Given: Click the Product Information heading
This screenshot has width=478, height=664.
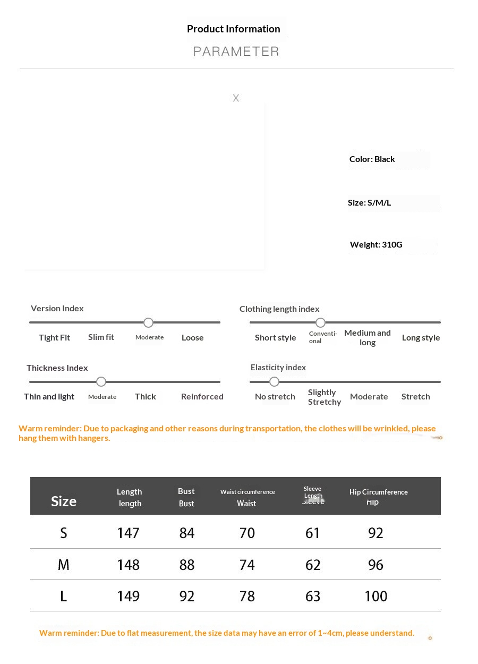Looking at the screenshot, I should tap(233, 29).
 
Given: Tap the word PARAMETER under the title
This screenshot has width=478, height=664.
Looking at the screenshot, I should tap(236, 52).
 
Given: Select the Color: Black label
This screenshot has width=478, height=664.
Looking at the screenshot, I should tap(372, 159).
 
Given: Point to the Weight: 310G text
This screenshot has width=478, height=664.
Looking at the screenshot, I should tap(376, 245).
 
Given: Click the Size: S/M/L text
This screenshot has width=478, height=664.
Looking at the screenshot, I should tap(369, 202).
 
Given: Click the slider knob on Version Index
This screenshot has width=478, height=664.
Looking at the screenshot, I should tap(149, 322).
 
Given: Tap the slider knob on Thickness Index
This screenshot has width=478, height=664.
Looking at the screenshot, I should tap(101, 381).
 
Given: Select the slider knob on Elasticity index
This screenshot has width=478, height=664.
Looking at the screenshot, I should tap(274, 381).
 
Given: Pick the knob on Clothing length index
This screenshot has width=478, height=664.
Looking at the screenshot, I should tap(320, 322).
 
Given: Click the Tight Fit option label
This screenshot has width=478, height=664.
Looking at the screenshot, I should tap(54, 338).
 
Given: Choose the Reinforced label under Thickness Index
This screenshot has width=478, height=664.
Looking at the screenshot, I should tap(202, 397).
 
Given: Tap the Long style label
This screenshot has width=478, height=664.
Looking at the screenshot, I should tap(421, 338).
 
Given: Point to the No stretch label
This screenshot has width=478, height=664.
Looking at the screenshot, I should tap(275, 397).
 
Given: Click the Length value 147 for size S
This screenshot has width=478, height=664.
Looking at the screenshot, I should tap(128, 533).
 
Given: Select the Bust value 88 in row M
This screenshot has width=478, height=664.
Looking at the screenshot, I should tap(187, 565).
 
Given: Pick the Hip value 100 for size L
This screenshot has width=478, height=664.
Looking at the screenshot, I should tap(375, 596).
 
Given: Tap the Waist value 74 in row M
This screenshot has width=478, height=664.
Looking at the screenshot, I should tap(247, 565).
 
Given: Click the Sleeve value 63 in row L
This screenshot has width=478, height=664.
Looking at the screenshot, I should tap(313, 596).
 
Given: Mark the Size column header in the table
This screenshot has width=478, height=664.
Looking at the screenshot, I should tap(64, 501).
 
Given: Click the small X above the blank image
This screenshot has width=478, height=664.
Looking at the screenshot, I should tap(236, 98).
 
